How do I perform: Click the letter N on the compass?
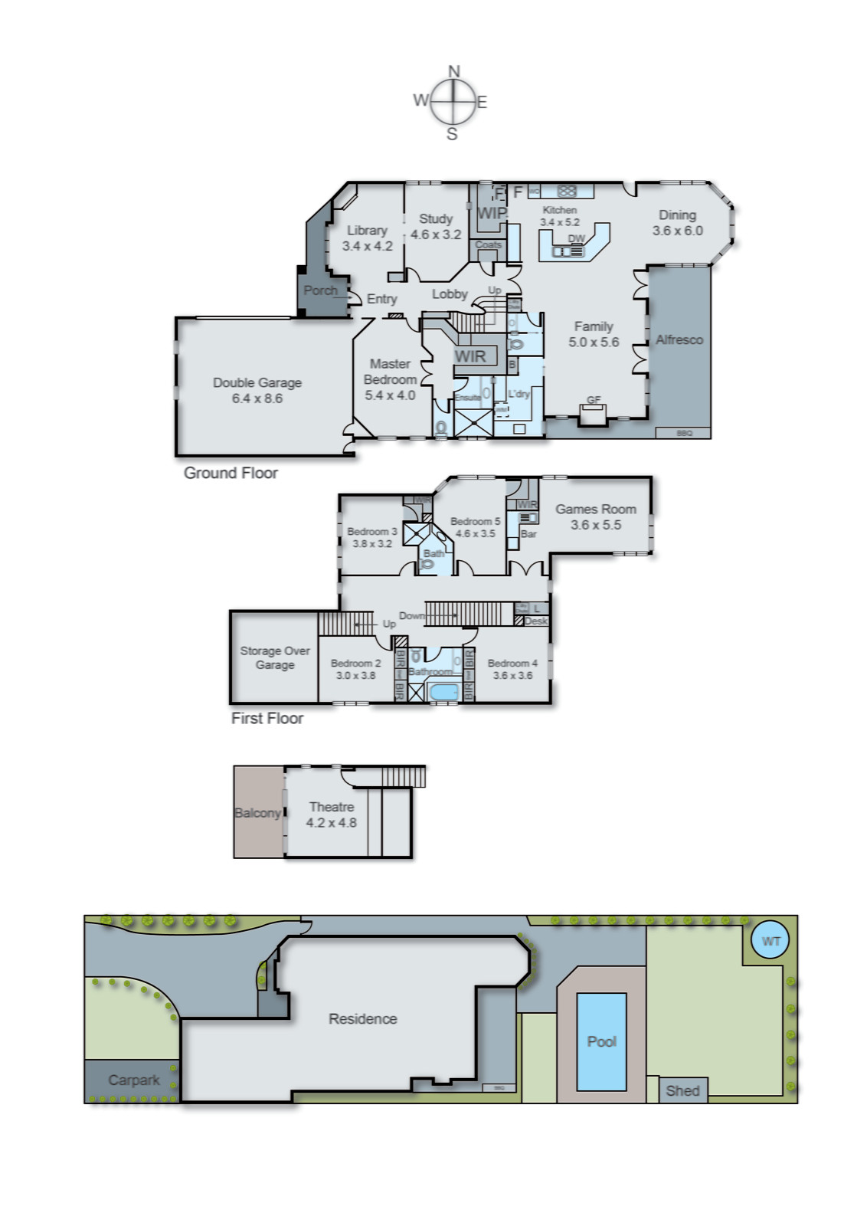453,71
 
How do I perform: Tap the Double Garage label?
257,382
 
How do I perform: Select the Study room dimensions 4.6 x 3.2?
436,235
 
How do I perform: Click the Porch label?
320,290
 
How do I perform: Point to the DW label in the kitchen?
576,239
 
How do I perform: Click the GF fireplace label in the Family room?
594,400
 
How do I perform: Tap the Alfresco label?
679,339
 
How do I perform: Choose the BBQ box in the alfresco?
684,433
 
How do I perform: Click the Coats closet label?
488,245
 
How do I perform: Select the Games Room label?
596,509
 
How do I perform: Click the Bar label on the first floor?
528,534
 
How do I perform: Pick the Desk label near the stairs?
536,621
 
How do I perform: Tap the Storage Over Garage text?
275,657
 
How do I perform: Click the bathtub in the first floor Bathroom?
443,693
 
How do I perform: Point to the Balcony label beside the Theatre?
257,813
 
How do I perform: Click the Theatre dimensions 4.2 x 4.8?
331,823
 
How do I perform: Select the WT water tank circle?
770,941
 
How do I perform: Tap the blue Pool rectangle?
601,1041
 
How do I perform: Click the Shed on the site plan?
682,1090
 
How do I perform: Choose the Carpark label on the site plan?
133,1080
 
